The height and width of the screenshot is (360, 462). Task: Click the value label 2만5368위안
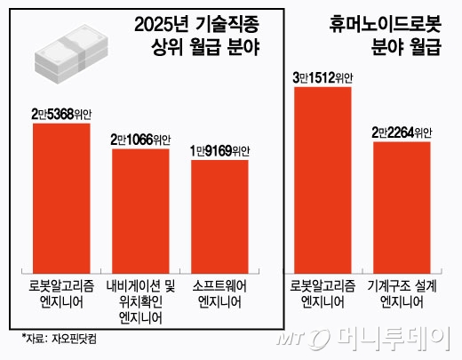coord(61,113)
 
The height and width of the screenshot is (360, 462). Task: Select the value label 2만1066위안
coord(140,139)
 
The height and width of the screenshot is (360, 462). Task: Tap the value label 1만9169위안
coord(220,150)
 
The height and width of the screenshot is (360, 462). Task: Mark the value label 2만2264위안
coord(402,132)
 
